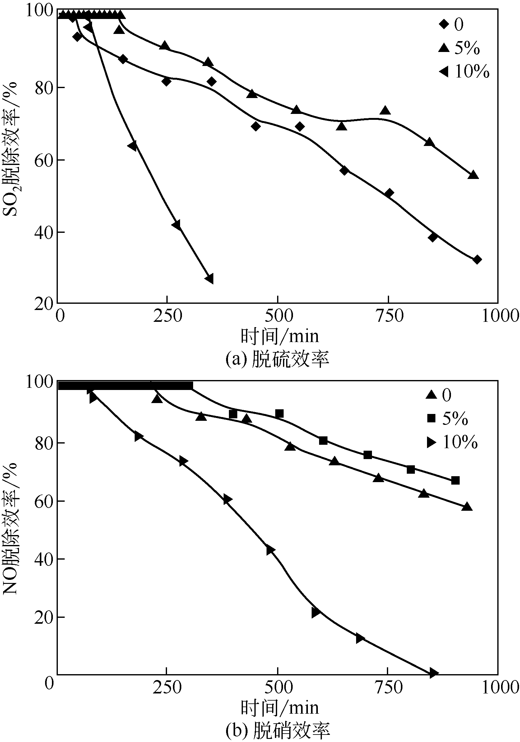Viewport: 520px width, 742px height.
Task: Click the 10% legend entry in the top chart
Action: pos(464,71)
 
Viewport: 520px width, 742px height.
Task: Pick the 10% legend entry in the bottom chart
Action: pos(452,442)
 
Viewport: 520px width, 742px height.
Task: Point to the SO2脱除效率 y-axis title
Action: pos(10,149)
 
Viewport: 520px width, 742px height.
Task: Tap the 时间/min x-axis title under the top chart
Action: pos(280,336)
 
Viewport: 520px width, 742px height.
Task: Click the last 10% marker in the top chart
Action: pos(209,279)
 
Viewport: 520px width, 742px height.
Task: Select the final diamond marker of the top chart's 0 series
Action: pos(477,260)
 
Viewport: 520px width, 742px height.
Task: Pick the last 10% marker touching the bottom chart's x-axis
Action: pos(434,673)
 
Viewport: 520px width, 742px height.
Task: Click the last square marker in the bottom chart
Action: pos(455,481)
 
